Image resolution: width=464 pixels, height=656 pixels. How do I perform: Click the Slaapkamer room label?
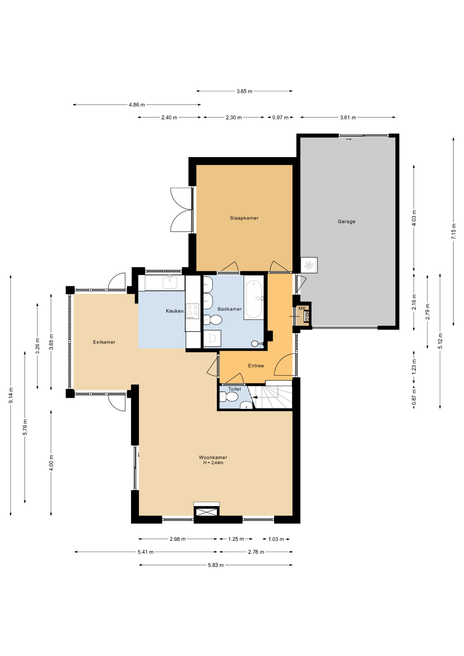[244, 218]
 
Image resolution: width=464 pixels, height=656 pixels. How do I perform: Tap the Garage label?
[346, 221]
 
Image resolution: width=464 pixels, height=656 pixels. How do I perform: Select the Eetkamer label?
[104, 342]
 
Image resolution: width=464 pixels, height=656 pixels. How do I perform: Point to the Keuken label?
[175, 311]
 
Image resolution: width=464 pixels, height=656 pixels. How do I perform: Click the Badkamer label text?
[230, 309]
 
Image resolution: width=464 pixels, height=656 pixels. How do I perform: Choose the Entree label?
[256, 366]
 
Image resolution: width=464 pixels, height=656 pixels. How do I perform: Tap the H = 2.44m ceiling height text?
[213, 463]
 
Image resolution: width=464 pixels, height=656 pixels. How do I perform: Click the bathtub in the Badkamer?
[254, 298]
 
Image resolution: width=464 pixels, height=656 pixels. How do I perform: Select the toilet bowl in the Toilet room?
[229, 397]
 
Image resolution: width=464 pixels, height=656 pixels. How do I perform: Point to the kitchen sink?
[170, 283]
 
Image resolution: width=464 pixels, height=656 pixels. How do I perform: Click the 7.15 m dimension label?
[454, 232]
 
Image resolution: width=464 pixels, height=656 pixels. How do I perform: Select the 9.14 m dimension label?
[11, 395]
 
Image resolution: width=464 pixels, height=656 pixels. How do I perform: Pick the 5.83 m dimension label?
[216, 565]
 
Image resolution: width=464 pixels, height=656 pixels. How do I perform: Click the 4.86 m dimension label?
[137, 105]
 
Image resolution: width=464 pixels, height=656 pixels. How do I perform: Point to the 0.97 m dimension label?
[280, 118]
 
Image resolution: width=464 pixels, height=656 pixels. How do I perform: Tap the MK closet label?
[302, 308]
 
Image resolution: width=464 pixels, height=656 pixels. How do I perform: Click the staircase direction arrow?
[255, 397]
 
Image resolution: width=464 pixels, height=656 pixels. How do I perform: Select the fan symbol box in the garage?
[309, 265]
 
